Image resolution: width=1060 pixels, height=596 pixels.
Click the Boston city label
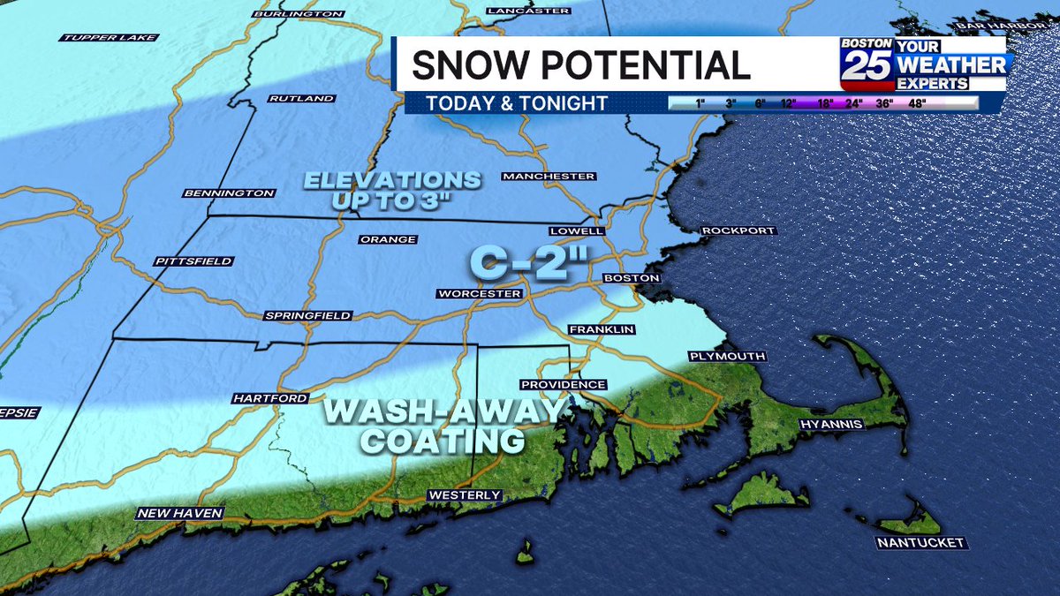tap(632, 278)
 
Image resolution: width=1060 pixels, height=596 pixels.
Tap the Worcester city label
tap(480, 293)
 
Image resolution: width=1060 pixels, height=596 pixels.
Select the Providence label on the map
tap(564, 385)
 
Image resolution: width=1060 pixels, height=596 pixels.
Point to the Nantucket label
tap(921, 542)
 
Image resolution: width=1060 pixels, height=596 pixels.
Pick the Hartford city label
tap(269, 399)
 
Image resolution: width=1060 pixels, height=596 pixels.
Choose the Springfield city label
tap(308, 316)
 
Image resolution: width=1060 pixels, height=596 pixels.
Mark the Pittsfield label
tap(193, 261)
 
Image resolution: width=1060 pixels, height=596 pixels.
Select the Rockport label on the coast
tap(738, 231)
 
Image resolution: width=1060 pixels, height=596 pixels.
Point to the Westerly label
tap(464, 495)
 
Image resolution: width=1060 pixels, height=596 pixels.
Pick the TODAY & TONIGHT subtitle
tap(517, 103)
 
